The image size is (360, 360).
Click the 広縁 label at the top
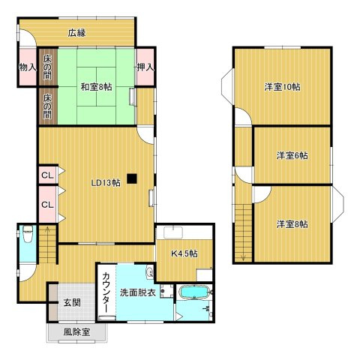(x=77, y=32)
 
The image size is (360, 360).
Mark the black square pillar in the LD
(x=132, y=178)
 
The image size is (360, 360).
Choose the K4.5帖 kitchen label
(x=184, y=253)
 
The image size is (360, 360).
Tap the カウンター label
(x=106, y=292)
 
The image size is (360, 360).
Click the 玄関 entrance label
(x=72, y=303)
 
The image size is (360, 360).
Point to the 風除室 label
(x=76, y=331)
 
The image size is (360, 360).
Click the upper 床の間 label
(x=48, y=65)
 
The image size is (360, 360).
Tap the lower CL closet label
(x=46, y=204)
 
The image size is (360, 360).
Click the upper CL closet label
(x=46, y=175)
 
